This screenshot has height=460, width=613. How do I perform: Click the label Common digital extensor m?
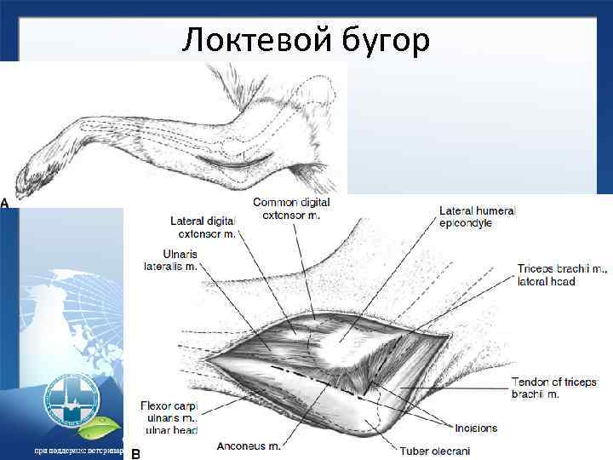291,209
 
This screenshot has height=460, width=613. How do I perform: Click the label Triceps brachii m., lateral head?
562,275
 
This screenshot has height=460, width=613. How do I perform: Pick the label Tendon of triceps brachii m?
554,388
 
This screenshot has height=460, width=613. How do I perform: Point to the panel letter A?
5,204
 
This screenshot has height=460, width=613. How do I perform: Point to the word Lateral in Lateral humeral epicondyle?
456,210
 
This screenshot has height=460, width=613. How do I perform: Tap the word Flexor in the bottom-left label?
161,405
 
